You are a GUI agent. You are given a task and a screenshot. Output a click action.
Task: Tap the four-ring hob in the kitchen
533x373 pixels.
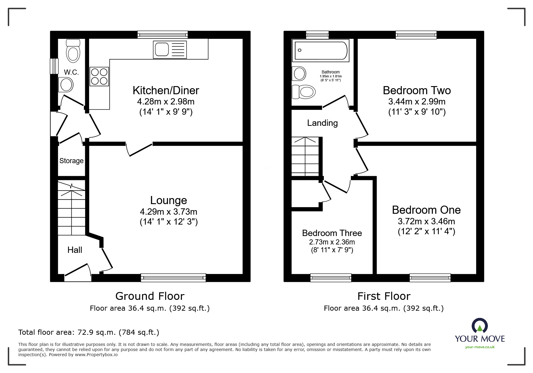(99, 76)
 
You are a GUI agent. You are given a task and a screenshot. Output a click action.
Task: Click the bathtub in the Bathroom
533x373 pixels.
(321, 50)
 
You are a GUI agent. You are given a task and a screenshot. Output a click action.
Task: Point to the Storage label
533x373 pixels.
(71, 161)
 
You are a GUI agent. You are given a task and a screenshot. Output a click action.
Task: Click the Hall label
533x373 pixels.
(75, 250)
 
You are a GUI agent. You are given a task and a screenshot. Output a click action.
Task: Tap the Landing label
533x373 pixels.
(322, 123)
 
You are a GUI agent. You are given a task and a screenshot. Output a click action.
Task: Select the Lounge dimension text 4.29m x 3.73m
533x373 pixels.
(169, 212)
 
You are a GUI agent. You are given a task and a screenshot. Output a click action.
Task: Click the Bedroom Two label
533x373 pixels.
(417, 90)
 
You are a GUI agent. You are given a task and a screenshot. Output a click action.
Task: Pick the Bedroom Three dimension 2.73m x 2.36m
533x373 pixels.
(332, 242)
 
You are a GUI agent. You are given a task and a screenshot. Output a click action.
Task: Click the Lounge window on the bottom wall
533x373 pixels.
(173, 278)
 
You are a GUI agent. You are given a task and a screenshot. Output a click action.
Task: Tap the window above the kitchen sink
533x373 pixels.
(163, 35)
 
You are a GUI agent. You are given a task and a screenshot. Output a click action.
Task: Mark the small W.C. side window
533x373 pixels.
(54, 66)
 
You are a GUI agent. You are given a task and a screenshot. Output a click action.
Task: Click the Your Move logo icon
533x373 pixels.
(479, 326)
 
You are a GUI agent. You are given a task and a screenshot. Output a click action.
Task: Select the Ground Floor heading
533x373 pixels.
(150, 296)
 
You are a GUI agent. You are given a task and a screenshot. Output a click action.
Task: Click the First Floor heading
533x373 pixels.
(384, 296)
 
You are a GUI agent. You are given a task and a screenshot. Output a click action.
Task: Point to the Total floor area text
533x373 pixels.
(89, 332)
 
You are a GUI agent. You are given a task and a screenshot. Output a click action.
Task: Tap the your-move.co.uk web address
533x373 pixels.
(480, 347)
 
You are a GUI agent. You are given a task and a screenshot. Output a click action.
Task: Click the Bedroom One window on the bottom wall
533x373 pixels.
(430, 278)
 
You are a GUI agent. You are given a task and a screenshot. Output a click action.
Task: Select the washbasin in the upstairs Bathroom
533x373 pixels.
(299, 73)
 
